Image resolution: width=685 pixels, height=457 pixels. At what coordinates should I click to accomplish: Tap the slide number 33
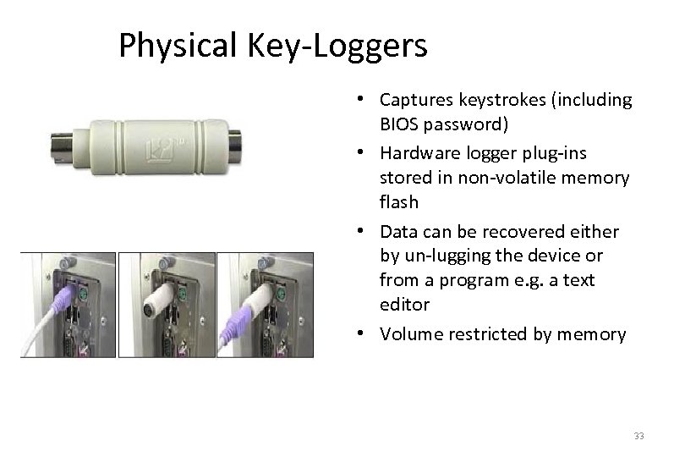(638, 437)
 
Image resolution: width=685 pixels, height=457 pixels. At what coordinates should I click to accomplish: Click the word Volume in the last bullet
(408, 333)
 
